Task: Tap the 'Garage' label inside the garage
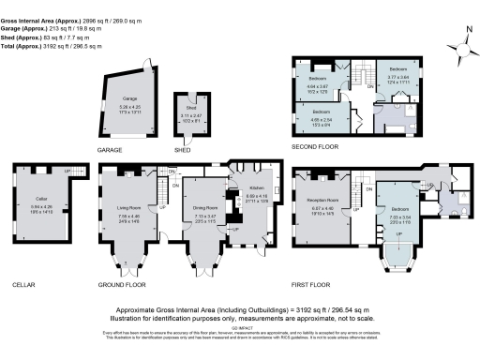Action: pos(130,101)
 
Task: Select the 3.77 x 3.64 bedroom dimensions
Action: pos(397,82)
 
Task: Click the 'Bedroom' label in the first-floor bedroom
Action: pos(400,208)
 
